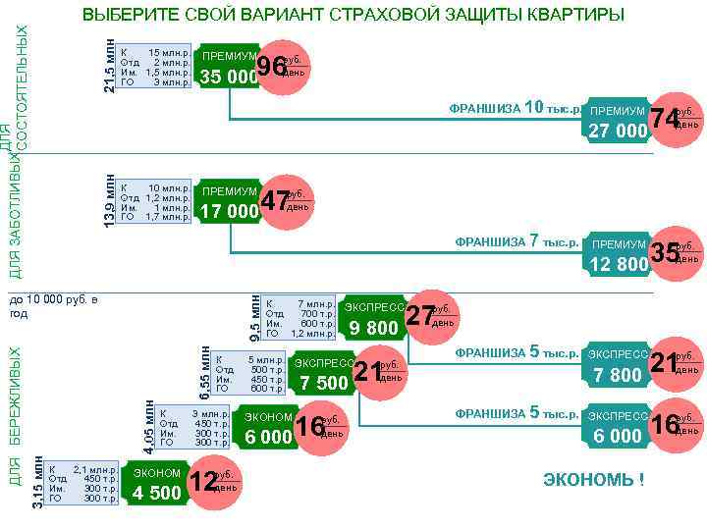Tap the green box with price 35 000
point(228,67)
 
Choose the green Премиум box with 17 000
point(228,202)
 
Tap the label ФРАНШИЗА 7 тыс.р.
point(517,241)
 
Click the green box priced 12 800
point(618,254)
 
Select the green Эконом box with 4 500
point(157,483)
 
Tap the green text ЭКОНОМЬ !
point(594,480)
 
